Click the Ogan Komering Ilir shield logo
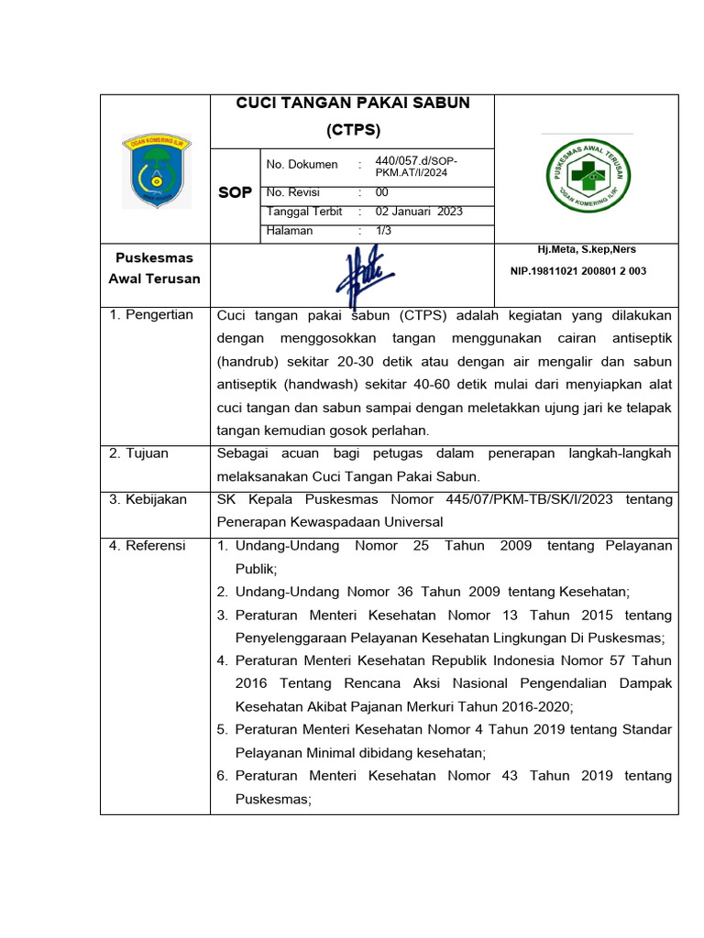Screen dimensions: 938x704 tap(156, 171)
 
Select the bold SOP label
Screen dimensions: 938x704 tap(235, 193)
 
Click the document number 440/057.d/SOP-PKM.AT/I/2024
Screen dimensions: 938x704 tap(416, 166)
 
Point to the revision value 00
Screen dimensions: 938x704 tap(382, 193)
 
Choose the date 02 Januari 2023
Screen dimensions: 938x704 tap(419, 212)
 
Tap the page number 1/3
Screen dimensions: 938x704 tap(383, 231)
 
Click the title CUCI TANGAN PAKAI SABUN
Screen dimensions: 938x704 tap(353, 104)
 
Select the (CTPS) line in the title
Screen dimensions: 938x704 tap(353, 128)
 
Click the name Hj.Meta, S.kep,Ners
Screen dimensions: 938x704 tap(587, 250)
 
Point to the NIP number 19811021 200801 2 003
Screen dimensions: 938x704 tap(577, 271)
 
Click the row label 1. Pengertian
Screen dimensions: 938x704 tap(151, 315)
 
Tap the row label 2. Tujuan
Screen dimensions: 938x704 tap(139, 453)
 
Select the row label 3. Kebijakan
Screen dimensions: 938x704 tap(148, 499)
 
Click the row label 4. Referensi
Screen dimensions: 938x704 tap(148, 546)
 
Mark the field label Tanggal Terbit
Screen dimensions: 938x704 tap(303, 212)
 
